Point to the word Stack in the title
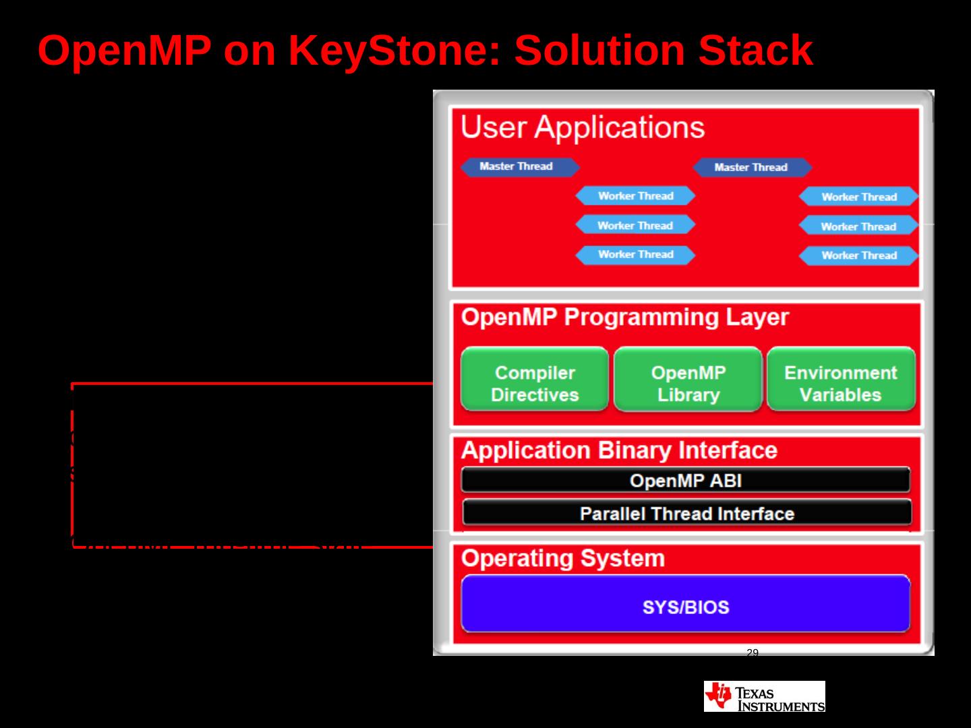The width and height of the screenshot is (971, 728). (x=755, y=51)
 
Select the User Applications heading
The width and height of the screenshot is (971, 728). (x=582, y=127)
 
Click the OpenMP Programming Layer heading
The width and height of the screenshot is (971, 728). (x=624, y=317)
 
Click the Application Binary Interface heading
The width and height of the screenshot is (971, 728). (x=619, y=450)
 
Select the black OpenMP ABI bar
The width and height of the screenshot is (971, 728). (x=685, y=481)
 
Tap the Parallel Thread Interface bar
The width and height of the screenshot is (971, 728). (x=686, y=514)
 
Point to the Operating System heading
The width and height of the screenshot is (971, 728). (x=562, y=558)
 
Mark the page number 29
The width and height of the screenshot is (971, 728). (x=753, y=653)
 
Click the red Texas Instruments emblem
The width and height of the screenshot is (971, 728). (x=717, y=696)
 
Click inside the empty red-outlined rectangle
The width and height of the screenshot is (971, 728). (x=249, y=465)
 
